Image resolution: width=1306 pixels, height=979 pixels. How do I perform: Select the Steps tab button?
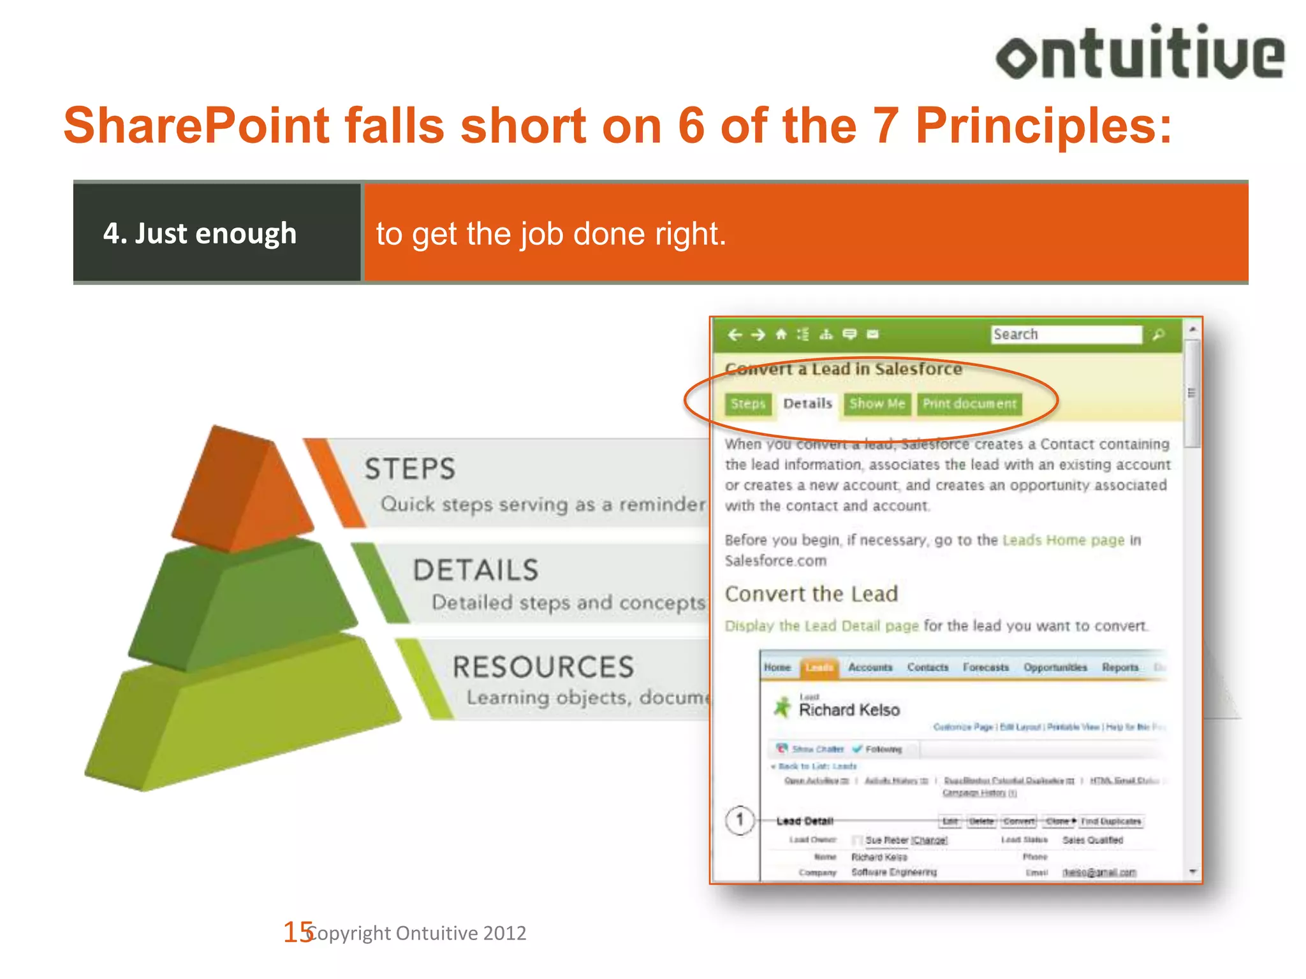coord(747,404)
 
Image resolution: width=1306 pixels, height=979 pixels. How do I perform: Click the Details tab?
coord(807,404)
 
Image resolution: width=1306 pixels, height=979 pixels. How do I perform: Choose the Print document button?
coord(969,404)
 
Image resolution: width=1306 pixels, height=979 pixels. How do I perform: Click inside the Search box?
coord(1066,335)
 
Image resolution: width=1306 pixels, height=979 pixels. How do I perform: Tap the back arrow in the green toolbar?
coord(735,335)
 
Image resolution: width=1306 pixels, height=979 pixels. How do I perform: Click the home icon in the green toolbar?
coord(781,335)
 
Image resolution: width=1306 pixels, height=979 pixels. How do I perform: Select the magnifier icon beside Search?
coord(1159,335)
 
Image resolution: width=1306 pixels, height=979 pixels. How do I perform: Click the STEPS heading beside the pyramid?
coord(410,469)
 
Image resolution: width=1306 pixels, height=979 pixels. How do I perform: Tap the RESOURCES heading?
coord(543,667)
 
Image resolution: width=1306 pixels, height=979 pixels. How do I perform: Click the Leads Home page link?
coord(1063,540)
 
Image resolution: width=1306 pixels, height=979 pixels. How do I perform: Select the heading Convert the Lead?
coord(811,594)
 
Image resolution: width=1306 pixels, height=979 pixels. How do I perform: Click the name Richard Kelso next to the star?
coord(849,710)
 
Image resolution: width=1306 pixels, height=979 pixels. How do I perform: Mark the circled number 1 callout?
coord(740,820)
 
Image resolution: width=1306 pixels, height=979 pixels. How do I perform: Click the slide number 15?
coord(297,932)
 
